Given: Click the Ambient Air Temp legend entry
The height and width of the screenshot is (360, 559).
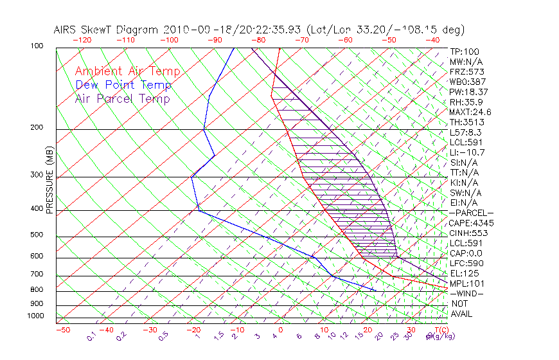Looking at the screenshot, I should click(127, 71).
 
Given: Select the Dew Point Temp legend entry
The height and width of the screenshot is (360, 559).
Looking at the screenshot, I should click(123, 85).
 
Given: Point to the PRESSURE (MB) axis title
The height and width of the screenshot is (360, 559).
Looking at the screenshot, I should click(49, 180).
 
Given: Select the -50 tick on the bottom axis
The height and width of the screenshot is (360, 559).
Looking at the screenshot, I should click(62, 330).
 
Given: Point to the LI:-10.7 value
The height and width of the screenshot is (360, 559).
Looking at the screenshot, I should click(467, 152).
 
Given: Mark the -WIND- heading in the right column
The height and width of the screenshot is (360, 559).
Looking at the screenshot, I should click(467, 293).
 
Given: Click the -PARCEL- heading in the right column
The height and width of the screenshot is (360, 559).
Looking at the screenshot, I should click(471, 213).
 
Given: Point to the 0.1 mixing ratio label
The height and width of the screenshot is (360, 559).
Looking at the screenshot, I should click(92, 336).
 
